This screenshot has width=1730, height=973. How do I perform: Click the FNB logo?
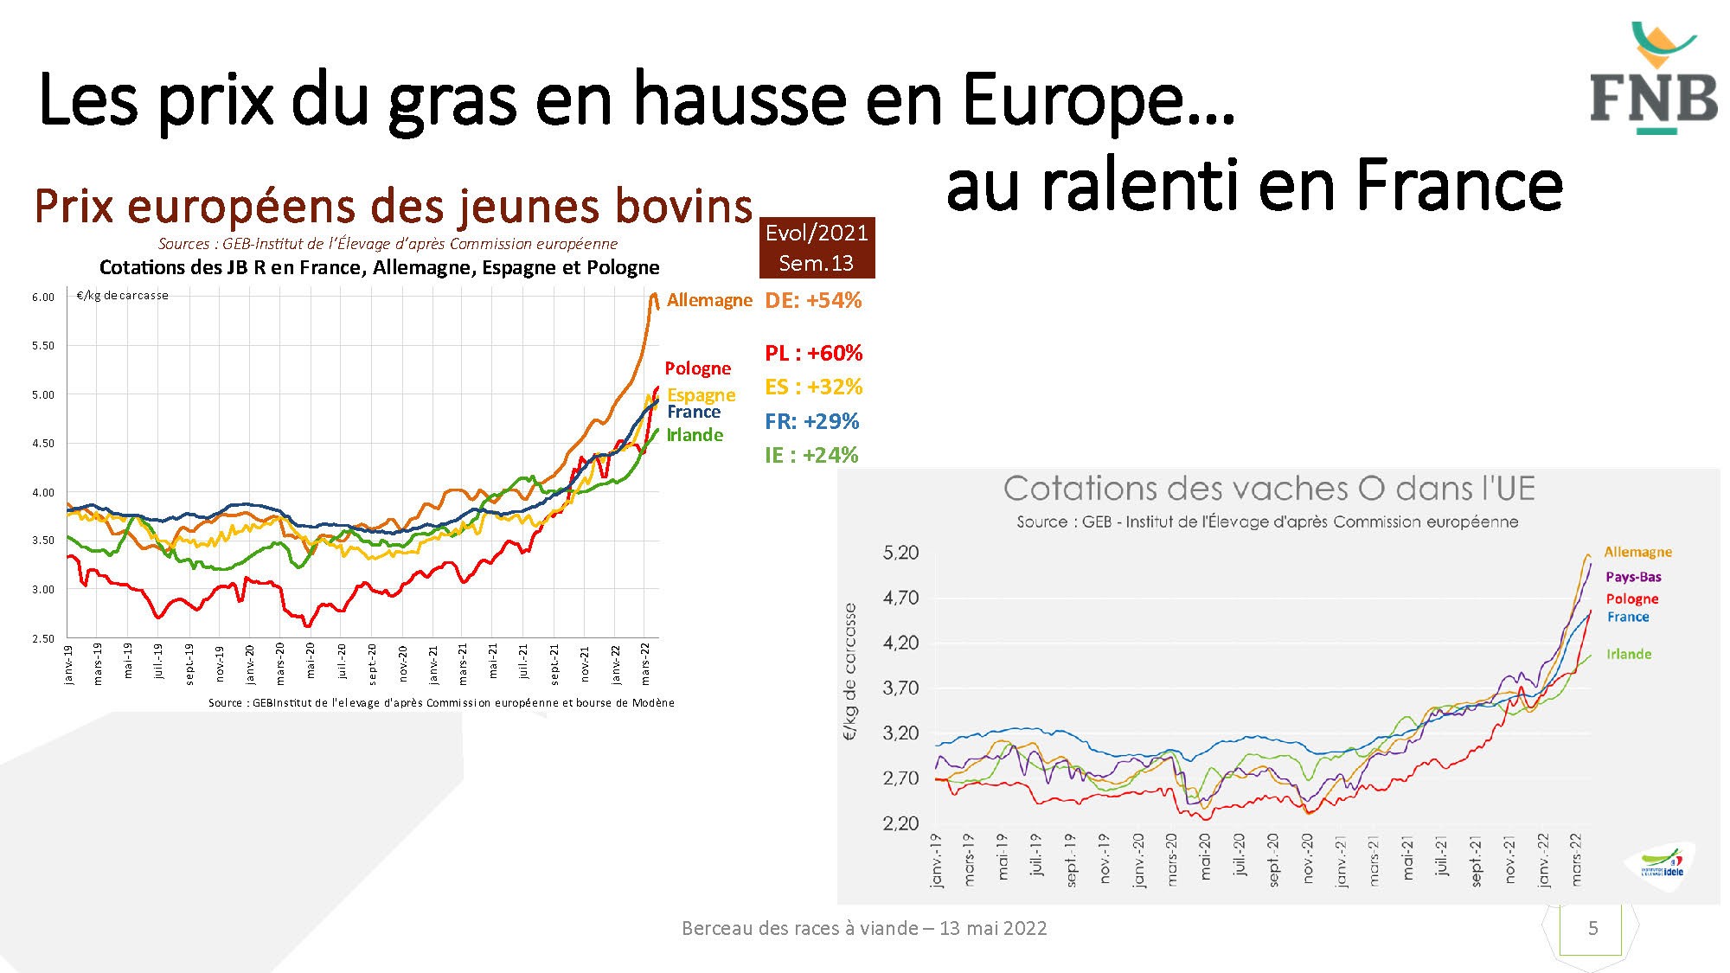1653,80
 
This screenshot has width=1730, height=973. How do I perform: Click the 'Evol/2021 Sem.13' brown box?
817,247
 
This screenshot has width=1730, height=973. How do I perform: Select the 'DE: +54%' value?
813,301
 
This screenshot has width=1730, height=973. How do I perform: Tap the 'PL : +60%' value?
813,353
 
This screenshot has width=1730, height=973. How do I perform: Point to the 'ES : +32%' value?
813,387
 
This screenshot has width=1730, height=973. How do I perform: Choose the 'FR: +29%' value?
811,421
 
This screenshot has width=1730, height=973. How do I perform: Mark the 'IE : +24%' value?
811,455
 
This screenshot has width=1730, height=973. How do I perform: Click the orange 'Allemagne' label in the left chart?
709,300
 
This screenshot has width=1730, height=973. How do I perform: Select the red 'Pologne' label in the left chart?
697,368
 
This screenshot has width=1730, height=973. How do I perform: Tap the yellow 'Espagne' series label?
701,394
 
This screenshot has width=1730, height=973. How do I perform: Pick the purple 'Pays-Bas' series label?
1633,577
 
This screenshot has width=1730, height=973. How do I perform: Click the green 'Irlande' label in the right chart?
1629,654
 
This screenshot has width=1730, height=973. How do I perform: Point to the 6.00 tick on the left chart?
43,297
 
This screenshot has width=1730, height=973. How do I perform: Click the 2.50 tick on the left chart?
43,638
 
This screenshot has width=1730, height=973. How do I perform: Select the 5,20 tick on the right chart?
900,553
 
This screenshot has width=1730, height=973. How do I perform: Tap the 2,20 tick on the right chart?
900,823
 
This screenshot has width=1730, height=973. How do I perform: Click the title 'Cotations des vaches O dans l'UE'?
1269,489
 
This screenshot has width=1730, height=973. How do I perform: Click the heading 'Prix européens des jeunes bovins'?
394,206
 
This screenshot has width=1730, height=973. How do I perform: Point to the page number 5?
1592,928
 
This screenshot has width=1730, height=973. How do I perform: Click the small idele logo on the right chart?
1662,865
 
